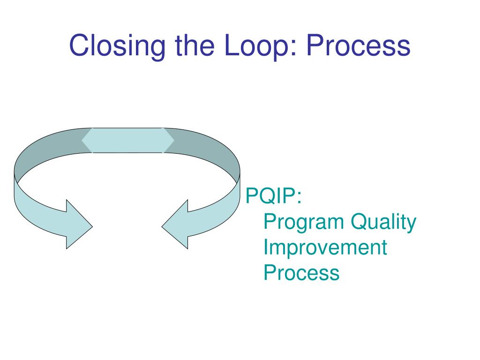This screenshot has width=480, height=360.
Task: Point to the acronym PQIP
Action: pyautogui.click(x=271, y=196)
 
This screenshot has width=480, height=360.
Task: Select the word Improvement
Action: pyautogui.click(x=325, y=247)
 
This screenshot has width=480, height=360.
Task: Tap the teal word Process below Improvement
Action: pyautogui.click(x=301, y=272)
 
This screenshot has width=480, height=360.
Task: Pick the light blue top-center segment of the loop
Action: pyautogui.click(x=127, y=140)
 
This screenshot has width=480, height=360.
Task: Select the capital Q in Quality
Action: pyautogui.click(x=359, y=222)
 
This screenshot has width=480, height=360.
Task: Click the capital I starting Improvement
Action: pyautogui.click(x=266, y=247)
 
